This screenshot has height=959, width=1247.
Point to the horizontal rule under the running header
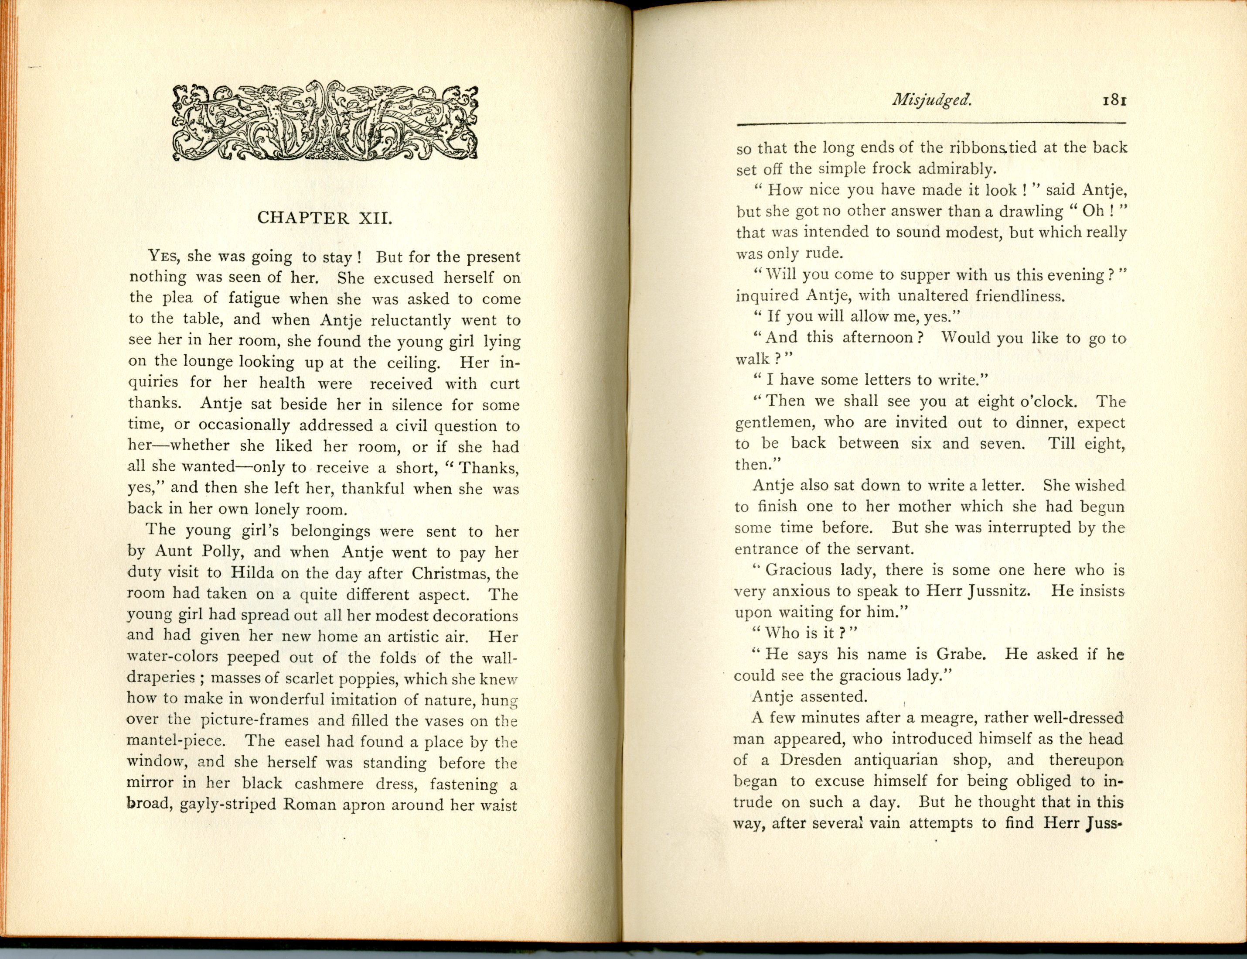pos(931,123)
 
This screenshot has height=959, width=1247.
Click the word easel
pos(304,742)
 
